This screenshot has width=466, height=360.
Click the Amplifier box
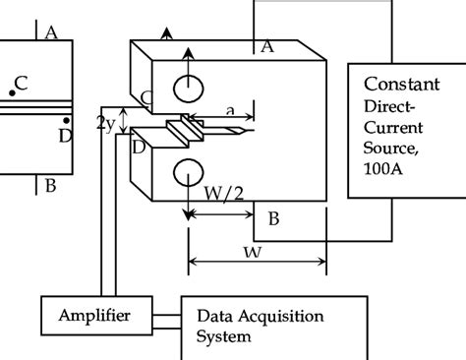coord(96,316)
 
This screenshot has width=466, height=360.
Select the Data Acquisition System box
coord(274,328)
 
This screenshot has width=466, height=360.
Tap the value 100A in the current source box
coord(382,168)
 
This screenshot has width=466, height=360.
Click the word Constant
coord(401,84)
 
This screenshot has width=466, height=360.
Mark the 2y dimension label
coord(106,124)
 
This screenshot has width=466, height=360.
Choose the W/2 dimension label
coord(224,194)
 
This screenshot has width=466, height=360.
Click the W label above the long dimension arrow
coord(253,252)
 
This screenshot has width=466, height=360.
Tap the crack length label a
coord(231,111)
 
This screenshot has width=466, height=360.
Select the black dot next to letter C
coord(12,93)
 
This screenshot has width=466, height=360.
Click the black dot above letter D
coord(66,121)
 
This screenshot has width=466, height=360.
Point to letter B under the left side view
coord(51,186)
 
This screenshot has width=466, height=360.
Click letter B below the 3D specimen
coord(274,218)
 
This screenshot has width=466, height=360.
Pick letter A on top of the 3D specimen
coord(267,46)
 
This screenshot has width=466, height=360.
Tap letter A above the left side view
coord(51,32)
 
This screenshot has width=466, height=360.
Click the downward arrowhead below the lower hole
coord(188,215)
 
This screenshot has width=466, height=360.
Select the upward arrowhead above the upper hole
coord(188,53)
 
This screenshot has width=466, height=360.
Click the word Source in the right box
coord(390,149)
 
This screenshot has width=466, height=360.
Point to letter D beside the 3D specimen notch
coord(139,148)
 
